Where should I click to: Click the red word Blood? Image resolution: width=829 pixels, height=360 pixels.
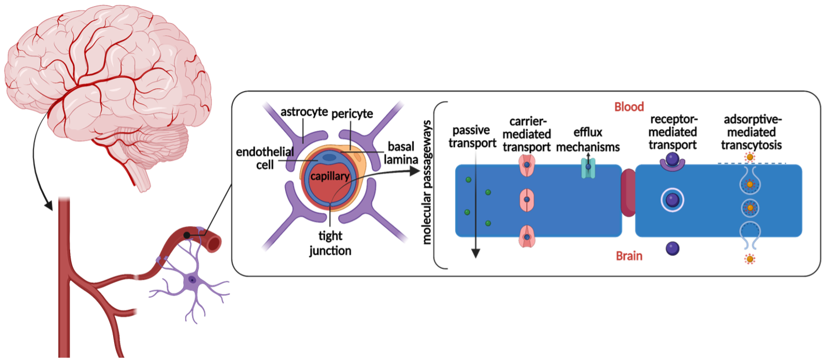[629, 107]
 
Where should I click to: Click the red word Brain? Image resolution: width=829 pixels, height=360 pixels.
[629, 256]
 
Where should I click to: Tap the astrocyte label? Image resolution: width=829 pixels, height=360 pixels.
[304, 112]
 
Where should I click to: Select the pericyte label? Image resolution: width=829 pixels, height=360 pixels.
[352, 114]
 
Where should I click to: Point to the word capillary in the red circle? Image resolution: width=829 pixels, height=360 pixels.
[330, 176]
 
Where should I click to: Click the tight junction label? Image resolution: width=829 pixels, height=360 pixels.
[330, 243]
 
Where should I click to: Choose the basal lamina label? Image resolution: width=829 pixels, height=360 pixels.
[401, 153]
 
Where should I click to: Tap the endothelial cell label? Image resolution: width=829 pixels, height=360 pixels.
[265, 158]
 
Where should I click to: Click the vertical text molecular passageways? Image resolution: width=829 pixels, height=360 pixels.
[427, 182]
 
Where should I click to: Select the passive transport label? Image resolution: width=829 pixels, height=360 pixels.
[472, 137]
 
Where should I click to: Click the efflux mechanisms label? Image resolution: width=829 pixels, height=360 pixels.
[588, 139]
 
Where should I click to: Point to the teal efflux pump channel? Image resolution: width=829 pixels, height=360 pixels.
[588, 168]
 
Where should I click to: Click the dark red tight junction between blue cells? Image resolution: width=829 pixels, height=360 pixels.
[628, 192]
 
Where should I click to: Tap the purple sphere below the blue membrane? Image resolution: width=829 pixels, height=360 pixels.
[672, 249]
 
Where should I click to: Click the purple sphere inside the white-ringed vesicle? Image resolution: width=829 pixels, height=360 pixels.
[672, 200]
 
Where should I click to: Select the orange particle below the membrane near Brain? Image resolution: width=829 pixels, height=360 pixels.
[750, 259]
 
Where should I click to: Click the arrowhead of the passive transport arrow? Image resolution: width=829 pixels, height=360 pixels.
[475, 253]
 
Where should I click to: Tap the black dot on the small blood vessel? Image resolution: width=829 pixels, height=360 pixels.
[187, 235]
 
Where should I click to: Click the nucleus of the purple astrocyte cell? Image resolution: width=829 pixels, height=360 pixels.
[192, 280]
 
